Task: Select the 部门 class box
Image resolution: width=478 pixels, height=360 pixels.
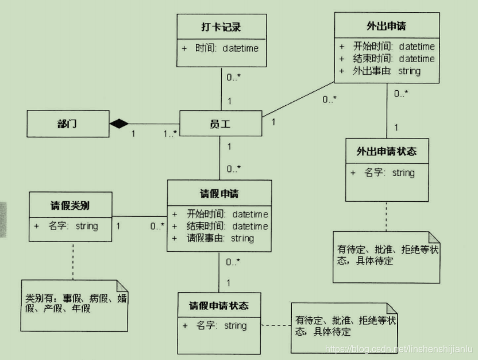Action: point(68,124)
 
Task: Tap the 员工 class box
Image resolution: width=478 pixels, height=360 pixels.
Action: point(221,123)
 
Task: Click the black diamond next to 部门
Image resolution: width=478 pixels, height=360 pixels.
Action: point(119,123)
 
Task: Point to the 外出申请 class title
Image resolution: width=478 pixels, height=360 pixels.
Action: point(387,26)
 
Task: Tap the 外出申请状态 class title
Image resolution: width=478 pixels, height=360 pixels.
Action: point(386,152)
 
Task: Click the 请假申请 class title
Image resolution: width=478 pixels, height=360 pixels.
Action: point(219,194)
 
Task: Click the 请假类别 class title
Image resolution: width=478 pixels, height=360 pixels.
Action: point(70,205)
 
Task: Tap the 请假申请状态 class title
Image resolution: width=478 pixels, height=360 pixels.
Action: point(219,306)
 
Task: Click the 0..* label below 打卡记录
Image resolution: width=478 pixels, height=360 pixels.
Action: point(233,76)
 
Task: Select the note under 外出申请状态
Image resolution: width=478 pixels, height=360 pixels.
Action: point(386,256)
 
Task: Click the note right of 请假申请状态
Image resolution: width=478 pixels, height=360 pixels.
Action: point(344,326)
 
